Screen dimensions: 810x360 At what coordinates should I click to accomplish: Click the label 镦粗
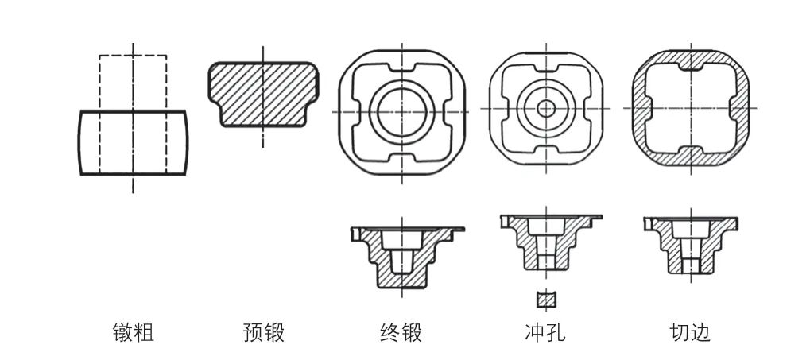click(x=134, y=332)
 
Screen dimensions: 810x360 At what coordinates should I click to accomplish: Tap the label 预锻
click(x=263, y=332)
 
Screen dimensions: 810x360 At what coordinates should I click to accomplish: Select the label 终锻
click(x=401, y=332)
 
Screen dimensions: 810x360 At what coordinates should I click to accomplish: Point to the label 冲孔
click(x=545, y=332)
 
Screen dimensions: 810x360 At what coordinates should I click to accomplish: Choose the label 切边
click(x=690, y=332)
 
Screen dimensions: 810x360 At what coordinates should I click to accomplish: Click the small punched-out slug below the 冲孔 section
click(x=546, y=300)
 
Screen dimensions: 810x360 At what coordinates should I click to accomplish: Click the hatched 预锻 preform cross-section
click(x=263, y=94)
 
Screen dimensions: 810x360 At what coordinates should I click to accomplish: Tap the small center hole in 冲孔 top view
click(x=546, y=108)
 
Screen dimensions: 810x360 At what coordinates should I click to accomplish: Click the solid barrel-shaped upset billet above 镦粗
click(x=134, y=142)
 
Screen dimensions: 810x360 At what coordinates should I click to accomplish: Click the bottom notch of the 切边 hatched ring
click(x=690, y=156)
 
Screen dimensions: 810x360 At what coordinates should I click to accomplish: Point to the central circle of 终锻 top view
click(x=402, y=112)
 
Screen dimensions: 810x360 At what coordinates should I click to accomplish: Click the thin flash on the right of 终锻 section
click(x=457, y=229)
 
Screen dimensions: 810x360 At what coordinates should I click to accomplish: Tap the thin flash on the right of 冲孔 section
click(x=595, y=217)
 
